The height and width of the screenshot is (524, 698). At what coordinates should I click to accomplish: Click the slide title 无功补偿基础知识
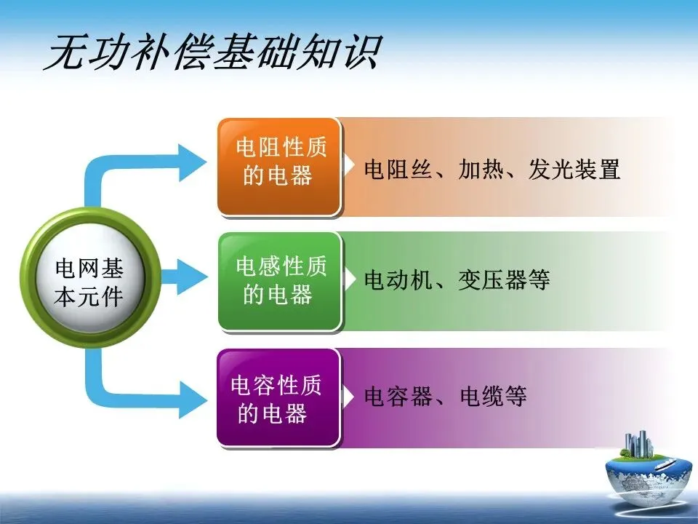click(x=211, y=52)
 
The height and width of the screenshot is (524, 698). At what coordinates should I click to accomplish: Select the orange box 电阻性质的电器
click(x=279, y=167)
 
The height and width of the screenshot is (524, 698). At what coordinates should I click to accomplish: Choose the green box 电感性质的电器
click(x=279, y=281)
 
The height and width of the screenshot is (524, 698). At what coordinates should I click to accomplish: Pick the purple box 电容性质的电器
click(x=278, y=397)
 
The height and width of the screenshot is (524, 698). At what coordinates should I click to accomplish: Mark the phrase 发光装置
click(x=574, y=170)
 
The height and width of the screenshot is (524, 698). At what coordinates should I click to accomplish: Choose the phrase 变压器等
click(x=504, y=279)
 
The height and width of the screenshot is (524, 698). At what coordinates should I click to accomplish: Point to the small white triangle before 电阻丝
click(x=350, y=162)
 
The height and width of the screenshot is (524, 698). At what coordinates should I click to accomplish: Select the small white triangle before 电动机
click(x=350, y=278)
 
